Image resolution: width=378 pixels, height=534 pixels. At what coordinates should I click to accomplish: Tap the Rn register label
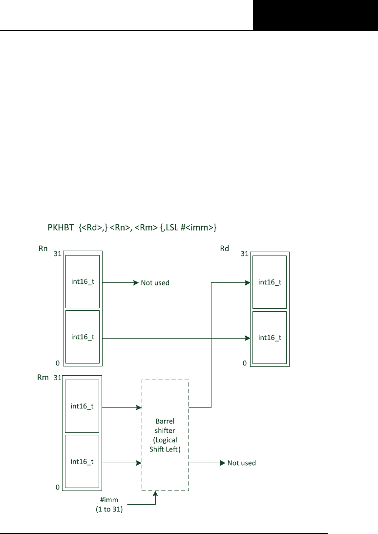point(42,249)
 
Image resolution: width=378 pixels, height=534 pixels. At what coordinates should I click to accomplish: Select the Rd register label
point(225,249)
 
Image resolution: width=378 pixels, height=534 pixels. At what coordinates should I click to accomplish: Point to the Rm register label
point(43,377)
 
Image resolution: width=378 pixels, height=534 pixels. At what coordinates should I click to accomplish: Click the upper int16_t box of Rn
point(83,281)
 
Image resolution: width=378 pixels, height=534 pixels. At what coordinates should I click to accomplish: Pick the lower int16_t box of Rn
point(83,337)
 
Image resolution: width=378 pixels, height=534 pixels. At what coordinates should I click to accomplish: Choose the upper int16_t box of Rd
point(270,281)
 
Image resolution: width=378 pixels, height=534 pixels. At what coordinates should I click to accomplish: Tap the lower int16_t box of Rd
point(270,337)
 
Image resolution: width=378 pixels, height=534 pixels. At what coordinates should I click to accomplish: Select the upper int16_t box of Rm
point(83,406)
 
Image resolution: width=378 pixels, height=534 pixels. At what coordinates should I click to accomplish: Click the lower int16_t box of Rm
point(83,461)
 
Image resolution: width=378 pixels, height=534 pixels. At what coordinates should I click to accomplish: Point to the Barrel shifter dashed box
point(165,435)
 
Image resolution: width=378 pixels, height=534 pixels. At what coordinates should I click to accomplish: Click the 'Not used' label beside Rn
point(155,283)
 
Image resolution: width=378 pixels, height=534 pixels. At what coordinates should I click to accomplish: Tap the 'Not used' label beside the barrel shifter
point(242,463)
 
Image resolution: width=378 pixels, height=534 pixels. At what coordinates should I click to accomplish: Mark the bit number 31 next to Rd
point(244,255)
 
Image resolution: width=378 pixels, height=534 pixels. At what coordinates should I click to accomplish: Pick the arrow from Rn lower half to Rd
point(176,338)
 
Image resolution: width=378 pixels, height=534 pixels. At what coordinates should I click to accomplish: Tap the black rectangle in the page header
point(315,15)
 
